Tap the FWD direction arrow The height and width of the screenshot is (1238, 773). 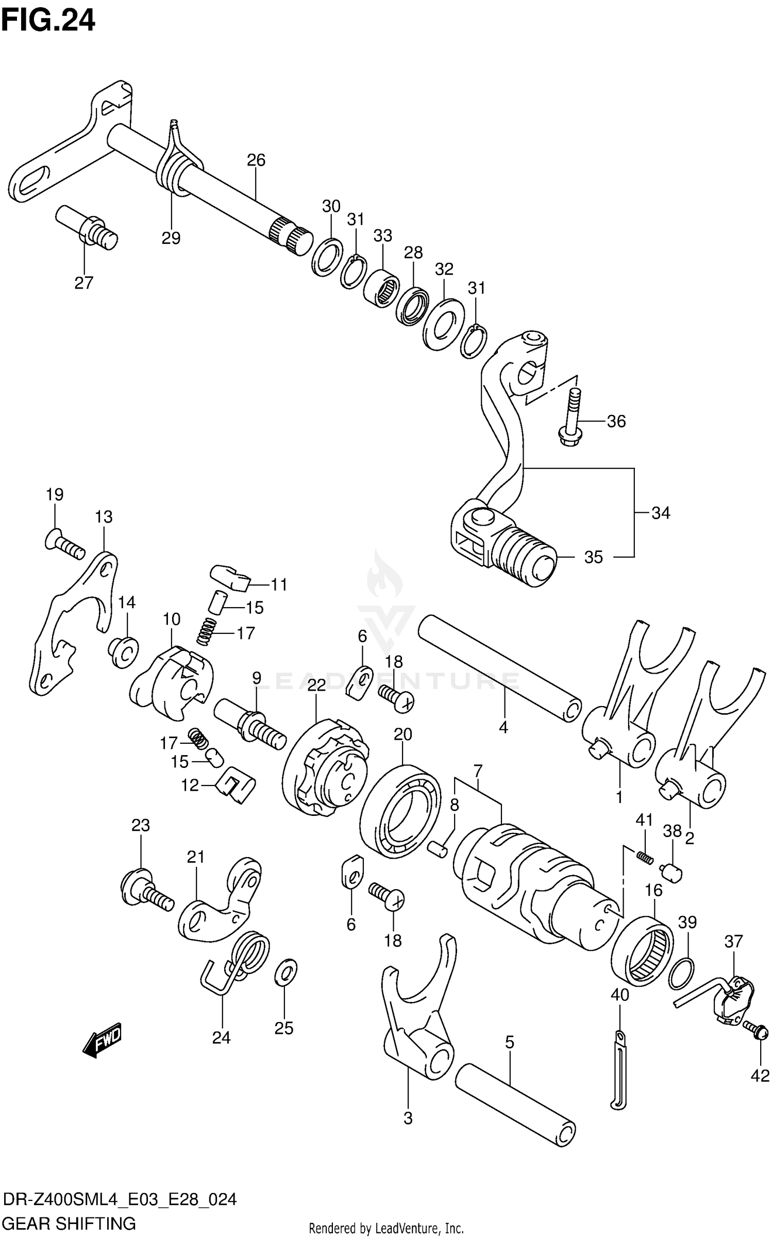pyautogui.click(x=103, y=1040)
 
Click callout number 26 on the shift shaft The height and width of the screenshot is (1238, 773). pyautogui.click(x=256, y=160)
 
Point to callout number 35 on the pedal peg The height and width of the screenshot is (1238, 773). pyautogui.click(x=593, y=557)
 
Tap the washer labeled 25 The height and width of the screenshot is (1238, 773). pyautogui.click(x=287, y=972)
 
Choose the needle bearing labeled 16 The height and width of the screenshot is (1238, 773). pyautogui.click(x=644, y=951)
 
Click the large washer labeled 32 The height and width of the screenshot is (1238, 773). pyautogui.click(x=444, y=324)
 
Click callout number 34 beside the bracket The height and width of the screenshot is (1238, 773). pyautogui.click(x=661, y=513)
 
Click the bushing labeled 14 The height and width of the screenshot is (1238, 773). pyautogui.click(x=124, y=652)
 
